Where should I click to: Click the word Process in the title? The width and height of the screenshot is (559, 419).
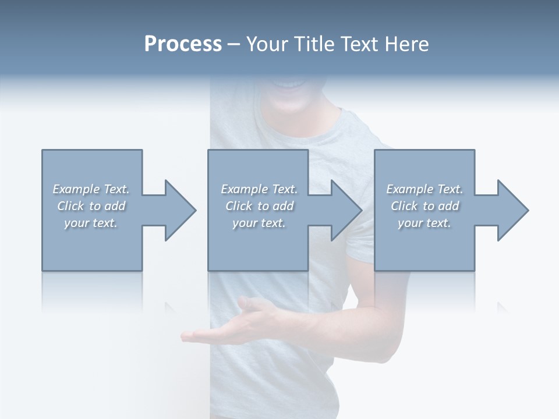pos(183,44)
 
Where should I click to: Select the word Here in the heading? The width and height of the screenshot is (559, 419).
pos(405,44)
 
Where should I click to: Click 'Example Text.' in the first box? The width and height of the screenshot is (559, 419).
pos(91,189)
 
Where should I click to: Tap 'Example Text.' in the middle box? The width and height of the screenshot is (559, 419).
pos(259,189)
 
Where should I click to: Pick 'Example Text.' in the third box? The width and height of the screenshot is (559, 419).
pos(424,189)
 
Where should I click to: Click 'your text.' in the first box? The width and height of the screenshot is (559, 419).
pos(91,223)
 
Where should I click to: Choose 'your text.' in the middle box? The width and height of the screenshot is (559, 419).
pos(259,223)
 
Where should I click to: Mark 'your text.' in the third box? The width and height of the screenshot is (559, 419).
pos(424,223)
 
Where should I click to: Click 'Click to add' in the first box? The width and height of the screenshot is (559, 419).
pos(91,206)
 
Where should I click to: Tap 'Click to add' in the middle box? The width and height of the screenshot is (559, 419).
pos(259,206)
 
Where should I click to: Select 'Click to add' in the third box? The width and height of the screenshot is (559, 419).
pos(424,206)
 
